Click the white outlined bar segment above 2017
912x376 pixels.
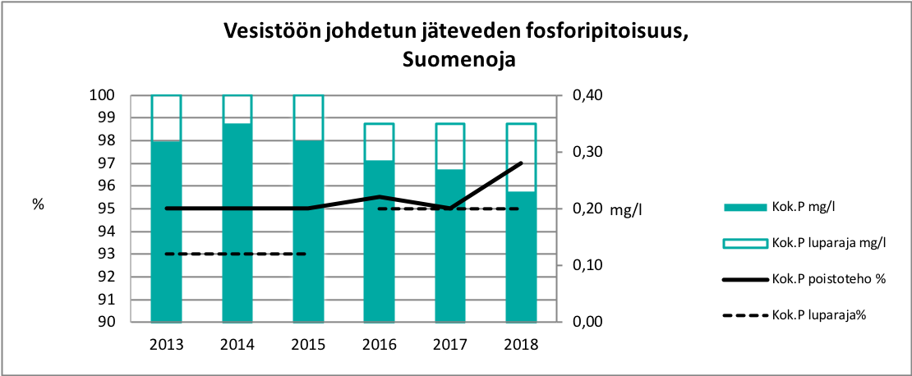(x=450, y=146)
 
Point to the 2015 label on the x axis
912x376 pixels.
(x=307, y=345)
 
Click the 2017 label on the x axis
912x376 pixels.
(x=450, y=345)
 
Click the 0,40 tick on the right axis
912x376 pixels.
(x=584, y=95)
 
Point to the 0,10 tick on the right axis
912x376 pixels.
(x=584, y=265)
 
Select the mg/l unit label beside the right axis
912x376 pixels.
(x=625, y=209)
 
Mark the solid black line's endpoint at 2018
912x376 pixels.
(x=521, y=163)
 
